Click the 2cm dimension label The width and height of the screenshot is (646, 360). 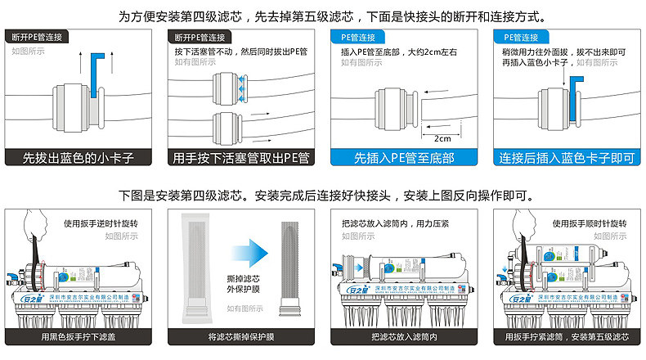point(442,138)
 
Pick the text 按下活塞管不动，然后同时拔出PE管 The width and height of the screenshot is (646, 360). point(240,52)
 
